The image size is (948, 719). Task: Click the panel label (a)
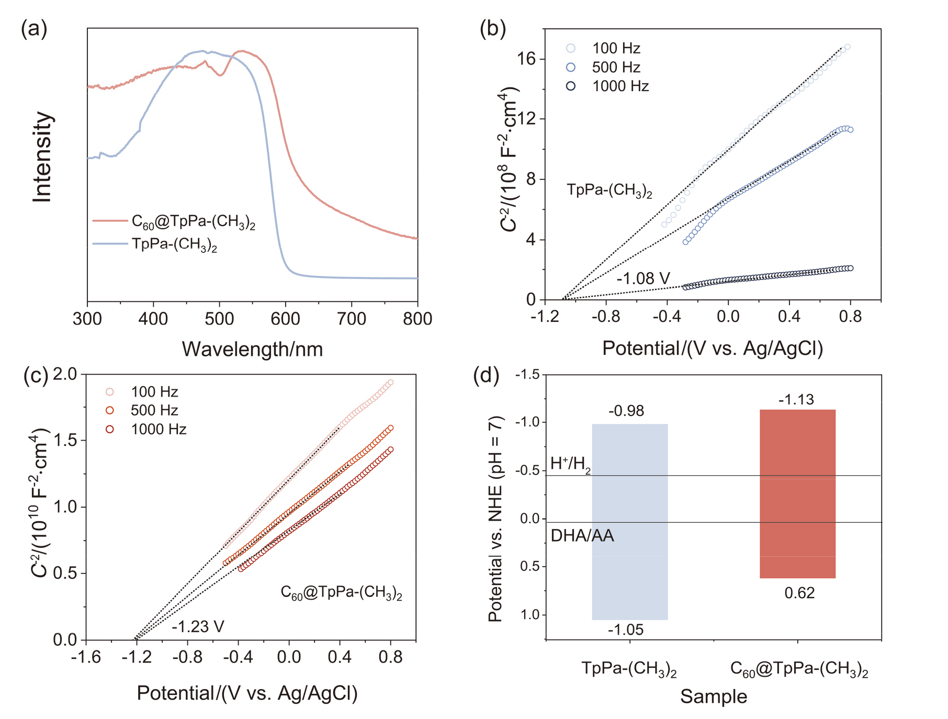(34, 29)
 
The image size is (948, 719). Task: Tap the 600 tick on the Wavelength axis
(286, 319)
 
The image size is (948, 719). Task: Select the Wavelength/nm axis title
(252, 349)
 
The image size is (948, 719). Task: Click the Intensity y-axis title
(42, 157)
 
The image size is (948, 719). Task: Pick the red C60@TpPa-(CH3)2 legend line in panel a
(110, 221)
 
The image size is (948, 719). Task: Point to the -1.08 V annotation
(643, 278)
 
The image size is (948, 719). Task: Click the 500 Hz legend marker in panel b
(571, 68)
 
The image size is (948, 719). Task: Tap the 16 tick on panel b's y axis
(526, 59)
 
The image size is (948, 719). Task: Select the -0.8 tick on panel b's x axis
(606, 317)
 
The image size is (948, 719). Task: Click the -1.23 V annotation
(198, 626)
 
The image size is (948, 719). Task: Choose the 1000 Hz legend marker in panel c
(110, 430)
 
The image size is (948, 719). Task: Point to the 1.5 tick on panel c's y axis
(65, 440)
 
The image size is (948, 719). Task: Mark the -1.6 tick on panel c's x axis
(86, 657)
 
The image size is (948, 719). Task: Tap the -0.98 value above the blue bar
(626, 411)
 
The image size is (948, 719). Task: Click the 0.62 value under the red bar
(799, 593)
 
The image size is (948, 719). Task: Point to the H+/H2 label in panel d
(570, 464)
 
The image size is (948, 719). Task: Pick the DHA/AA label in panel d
(582, 536)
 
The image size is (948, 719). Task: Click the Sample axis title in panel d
(714, 696)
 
